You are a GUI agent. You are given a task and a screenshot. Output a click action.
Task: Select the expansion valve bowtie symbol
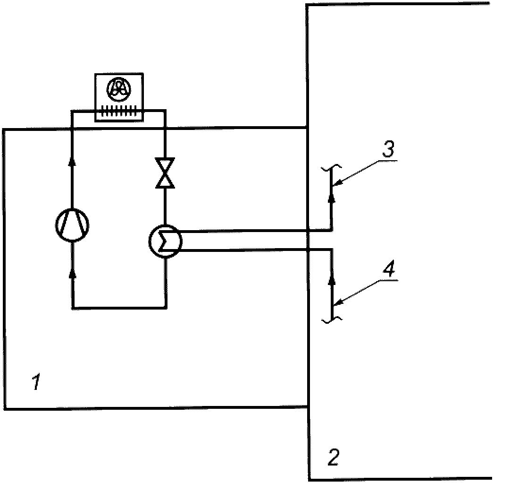(165, 172)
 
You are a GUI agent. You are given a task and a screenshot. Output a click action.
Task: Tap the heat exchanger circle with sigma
(165, 241)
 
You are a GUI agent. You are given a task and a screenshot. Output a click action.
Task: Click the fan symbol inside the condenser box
(118, 89)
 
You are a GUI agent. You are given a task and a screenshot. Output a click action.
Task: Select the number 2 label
(333, 457)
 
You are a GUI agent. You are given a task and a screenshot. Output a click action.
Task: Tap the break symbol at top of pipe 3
(331, 167)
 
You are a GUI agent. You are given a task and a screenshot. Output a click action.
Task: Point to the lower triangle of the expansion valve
(165, 180)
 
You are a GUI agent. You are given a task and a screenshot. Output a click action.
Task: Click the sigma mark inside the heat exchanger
(163, 241)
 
